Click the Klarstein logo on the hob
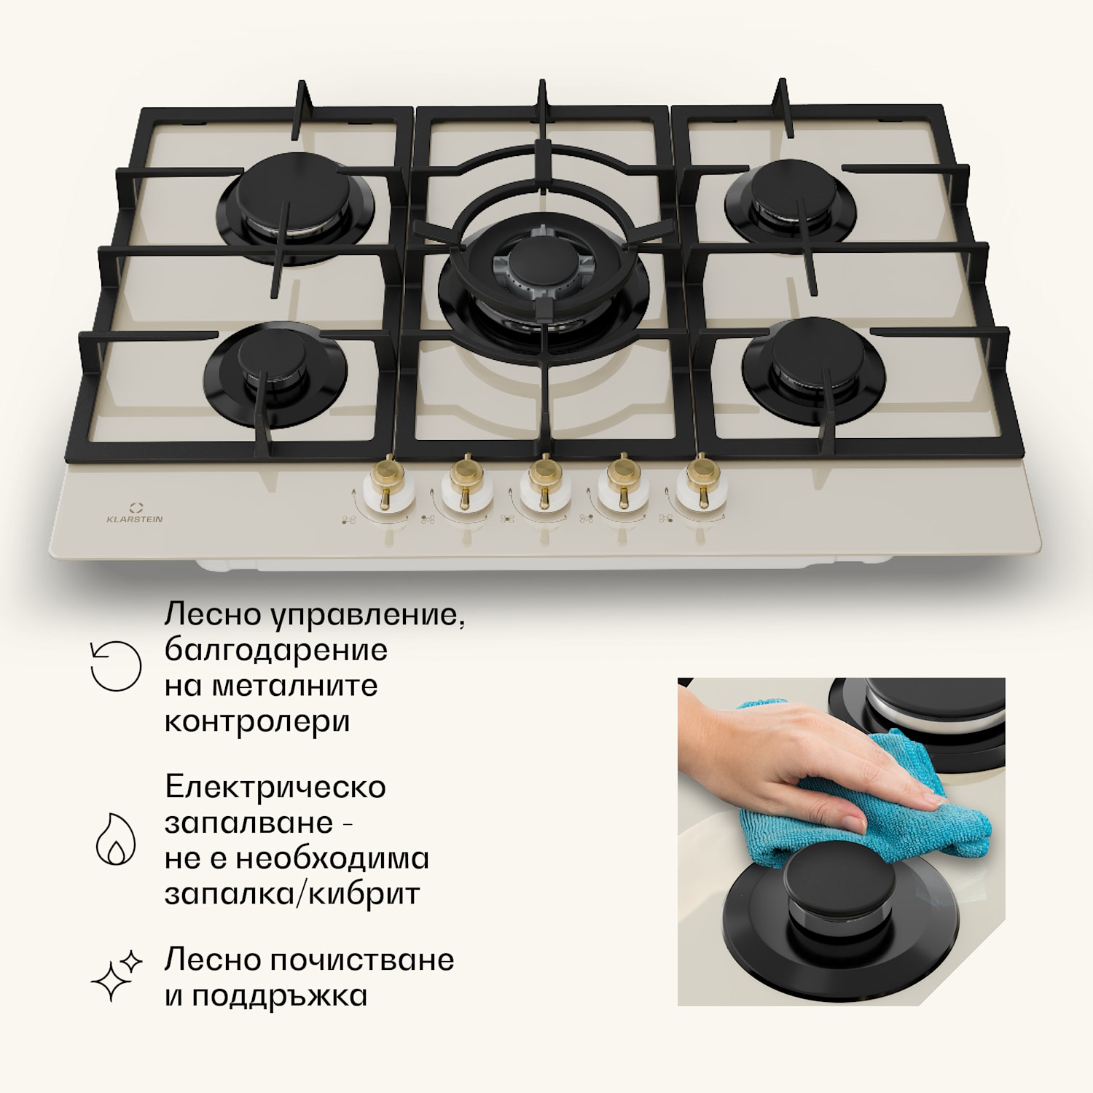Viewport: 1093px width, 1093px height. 135,513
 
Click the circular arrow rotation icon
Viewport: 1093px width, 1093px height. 115,665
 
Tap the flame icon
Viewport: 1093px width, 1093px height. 116,839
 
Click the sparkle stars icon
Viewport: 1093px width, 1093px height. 117,976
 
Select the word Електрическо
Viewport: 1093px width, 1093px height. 275,787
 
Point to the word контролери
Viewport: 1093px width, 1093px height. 257,722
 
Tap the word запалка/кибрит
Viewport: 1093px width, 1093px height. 292,894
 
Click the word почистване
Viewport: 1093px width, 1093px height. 361,960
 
